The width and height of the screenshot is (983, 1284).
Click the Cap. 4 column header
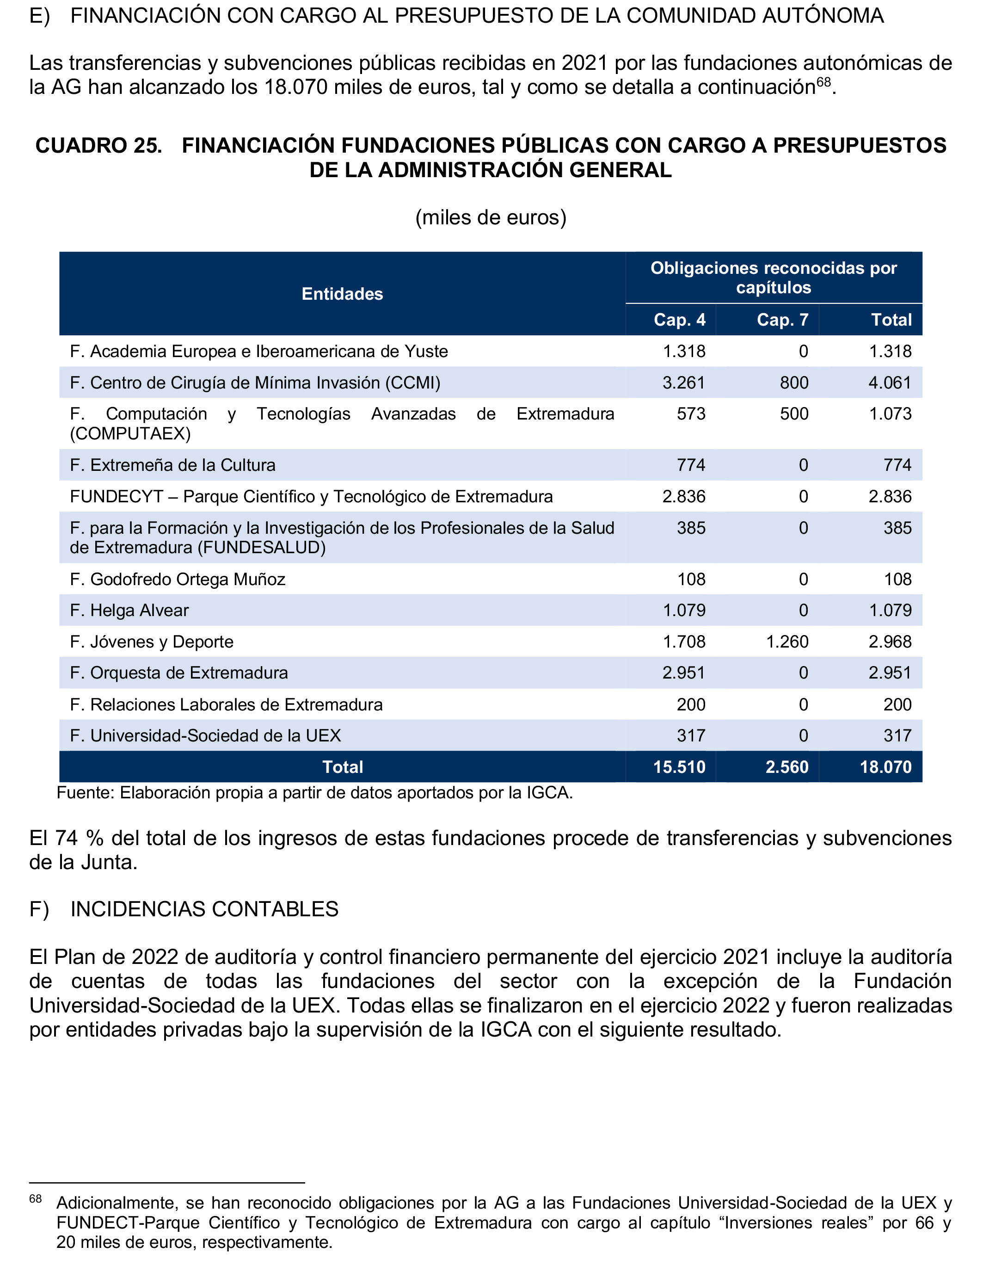pyautogui.click(x=679, y=320)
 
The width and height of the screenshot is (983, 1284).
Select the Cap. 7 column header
pyautogui.click(x=782, y=320)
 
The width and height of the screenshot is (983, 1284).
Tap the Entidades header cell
pyautogui.click(x=342, y=294)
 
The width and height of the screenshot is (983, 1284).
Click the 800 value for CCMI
pyautogui.click(x=793, y=383)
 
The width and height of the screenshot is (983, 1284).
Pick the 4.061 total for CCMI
pyautogui.click(x=890, y=383)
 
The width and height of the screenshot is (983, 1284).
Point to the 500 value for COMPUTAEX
pyautogui.click(x=793, y=414)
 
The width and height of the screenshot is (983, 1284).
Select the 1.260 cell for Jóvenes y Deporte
pyautogui.click(x=787, y=642)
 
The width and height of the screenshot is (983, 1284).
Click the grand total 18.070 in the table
pyautogui.click(x=885, y=767)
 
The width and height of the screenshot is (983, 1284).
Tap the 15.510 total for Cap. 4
pyautogui.click(x=679, y=767)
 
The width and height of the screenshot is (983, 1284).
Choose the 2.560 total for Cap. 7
pyautogui.click(x=787, y=767)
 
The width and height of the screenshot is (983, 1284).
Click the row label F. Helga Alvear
pyautogui.click(x=129, y=611)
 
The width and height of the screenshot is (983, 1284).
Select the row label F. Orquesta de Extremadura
pyautogui.click(x=179, y=673)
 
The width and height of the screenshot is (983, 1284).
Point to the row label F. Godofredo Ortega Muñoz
pyautogui.click(x=178, y=580)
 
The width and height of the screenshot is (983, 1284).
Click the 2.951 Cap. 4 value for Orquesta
pyautogui.click(x=683, y=673)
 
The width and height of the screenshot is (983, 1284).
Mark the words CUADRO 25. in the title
pyautogui.click(x=99, y=145)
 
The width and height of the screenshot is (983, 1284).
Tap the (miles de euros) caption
pyautogui.click(x=491, y=217)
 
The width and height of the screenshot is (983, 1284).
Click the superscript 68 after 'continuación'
pyautogui.click(x=824, y=82)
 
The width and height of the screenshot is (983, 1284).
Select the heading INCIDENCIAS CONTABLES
pyautogui.click(x=204, y=909)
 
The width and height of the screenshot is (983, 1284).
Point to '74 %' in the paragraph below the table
pyautogui.click(x=79, y=838)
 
